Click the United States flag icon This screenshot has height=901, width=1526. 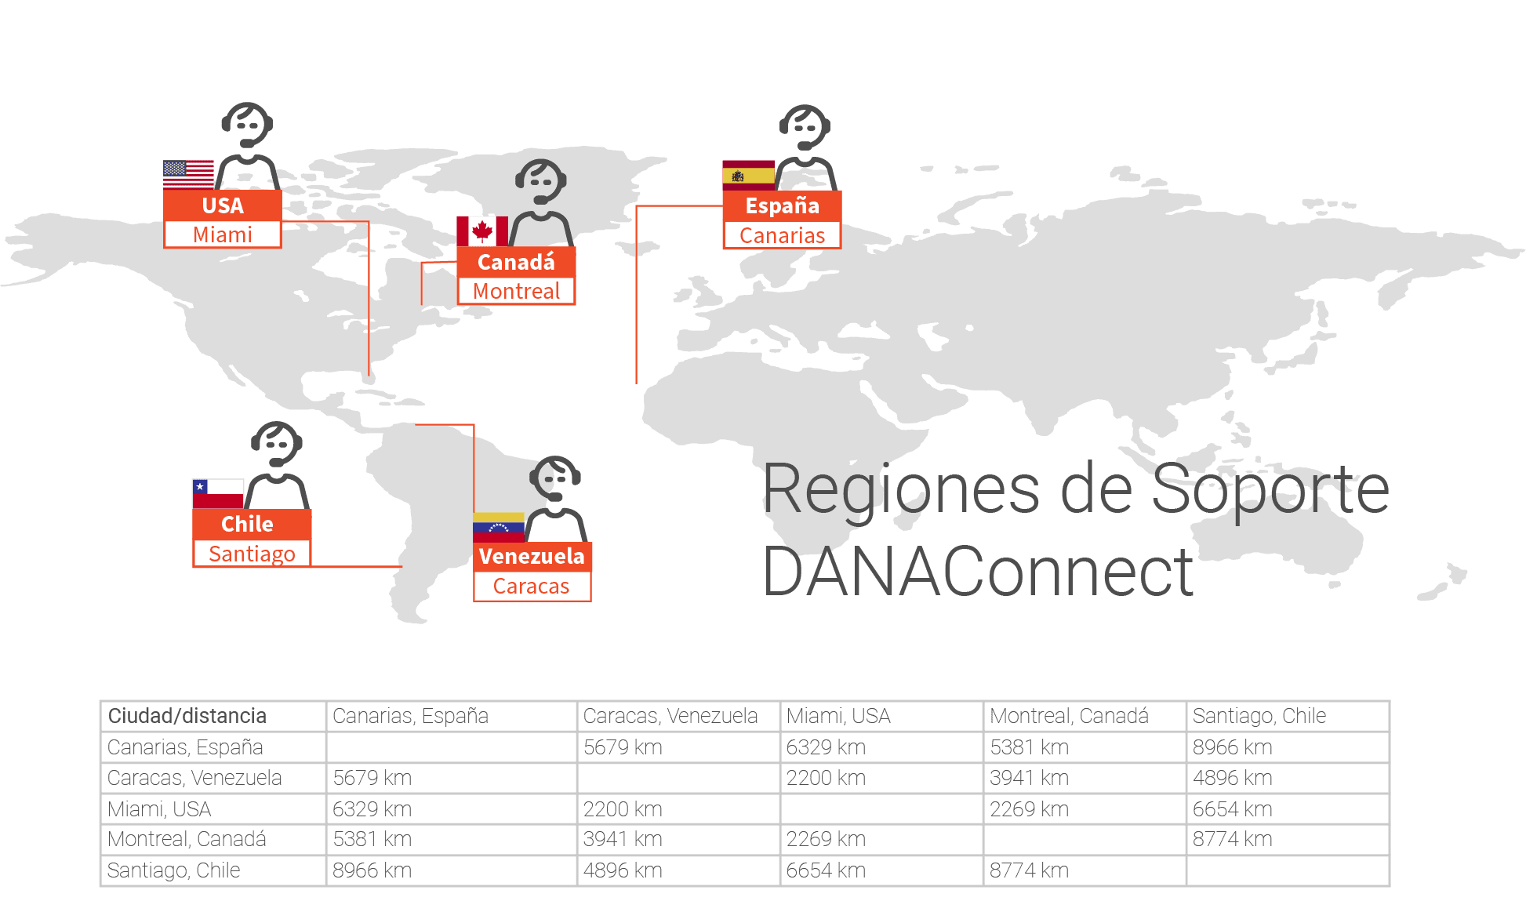tap(188, 175)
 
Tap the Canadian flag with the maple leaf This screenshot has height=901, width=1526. tap(482, 231)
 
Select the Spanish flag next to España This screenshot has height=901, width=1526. tap(748, 176)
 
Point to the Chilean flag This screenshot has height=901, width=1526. tap(218, 494)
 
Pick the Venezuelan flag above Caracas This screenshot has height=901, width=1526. tap(499, 527)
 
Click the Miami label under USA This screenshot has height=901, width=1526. tap(223, 234)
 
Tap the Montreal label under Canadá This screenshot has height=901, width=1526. tap(517, 291)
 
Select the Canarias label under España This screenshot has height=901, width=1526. tap(783, 235)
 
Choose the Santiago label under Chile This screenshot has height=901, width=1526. tap(252, 554)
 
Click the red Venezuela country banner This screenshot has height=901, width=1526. tap(532, 556)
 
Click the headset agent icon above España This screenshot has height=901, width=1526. tap(805, 147)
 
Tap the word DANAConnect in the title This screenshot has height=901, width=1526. tap(977, 572)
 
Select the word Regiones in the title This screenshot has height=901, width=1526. tap(901, 491)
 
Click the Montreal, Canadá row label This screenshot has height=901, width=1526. tap(187, 839)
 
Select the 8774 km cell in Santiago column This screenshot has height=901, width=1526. tap(1233, 839)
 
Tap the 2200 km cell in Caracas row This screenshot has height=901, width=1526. tap(826, 778)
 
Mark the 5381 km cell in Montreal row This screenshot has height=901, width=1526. tap(372, 839)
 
